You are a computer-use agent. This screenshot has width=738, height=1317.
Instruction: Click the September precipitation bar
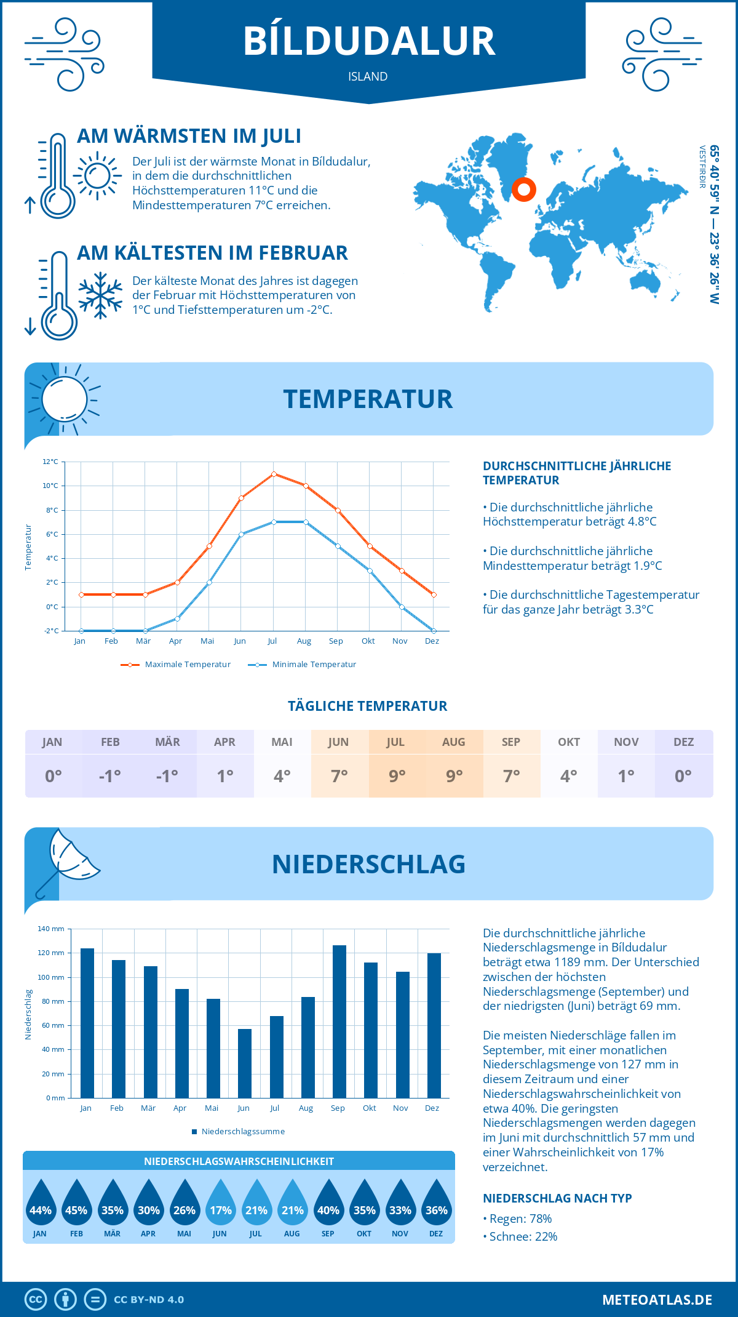point(339,1022)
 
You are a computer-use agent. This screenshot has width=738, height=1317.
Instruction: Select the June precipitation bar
point(245,1063)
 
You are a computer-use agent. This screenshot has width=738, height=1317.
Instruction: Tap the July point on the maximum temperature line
point(274,474)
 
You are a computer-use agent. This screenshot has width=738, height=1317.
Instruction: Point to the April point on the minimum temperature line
point(177,618)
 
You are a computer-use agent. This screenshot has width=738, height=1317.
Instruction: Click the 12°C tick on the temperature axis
point(50,462)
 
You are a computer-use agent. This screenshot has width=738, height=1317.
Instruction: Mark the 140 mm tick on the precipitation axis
point(51,929)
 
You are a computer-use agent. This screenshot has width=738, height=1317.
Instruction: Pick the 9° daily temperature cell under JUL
point(397,776)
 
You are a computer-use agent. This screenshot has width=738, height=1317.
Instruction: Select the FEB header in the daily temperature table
point(110,742)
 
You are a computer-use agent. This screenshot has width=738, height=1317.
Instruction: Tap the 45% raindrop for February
point(76,1203)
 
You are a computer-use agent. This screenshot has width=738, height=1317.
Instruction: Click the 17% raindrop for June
point(220,1203)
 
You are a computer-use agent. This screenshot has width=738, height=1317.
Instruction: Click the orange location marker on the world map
point(524,190)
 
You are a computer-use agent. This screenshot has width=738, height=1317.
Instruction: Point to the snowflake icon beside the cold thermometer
point(100,295)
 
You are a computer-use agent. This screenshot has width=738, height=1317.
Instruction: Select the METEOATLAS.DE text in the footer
point(657,1300)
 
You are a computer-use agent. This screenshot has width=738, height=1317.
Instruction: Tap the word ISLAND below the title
point(368,77)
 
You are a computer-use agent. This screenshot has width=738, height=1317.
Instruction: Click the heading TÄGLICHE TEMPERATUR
point(368,707)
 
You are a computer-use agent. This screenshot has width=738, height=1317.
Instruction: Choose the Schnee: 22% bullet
point(520,1236)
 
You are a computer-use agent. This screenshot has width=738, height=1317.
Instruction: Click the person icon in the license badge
point(65,1300)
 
